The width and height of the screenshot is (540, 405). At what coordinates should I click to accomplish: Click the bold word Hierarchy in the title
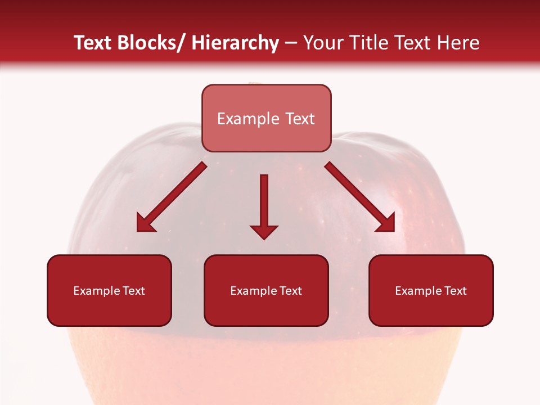tap(235, 43)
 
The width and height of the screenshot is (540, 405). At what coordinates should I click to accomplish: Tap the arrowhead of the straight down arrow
tap(264, 232)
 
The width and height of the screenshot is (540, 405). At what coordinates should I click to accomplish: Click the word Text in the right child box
tap(456, 291)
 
